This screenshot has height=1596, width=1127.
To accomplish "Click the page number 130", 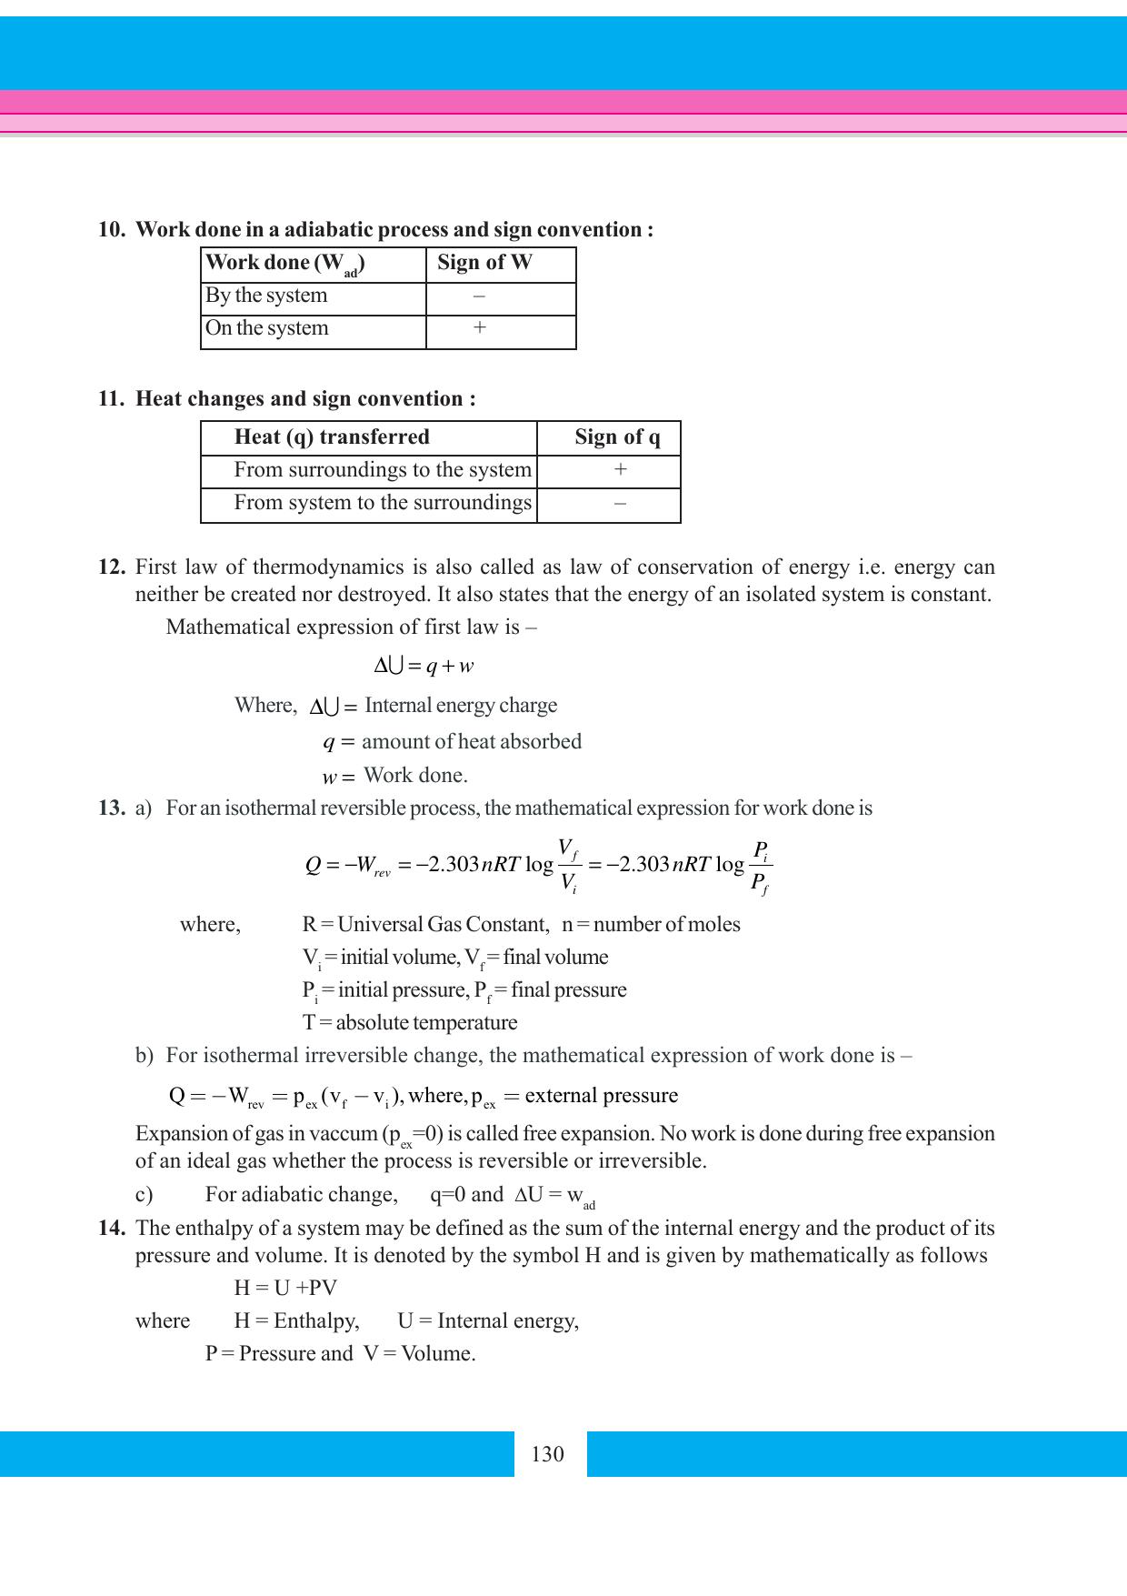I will click(547, 1454).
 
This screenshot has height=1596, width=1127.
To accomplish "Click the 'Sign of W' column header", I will click(484, 263).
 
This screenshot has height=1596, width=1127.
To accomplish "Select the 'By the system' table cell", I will click(266, 296).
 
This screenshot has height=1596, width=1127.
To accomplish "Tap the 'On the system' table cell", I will click(267, 328).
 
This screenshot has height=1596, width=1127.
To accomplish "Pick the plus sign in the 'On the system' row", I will click(479, 328).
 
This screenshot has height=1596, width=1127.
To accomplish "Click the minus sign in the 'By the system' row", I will click(479, 296).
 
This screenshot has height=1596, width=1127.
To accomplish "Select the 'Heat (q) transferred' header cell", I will click(332, 437).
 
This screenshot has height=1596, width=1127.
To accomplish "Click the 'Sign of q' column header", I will click(617, 437).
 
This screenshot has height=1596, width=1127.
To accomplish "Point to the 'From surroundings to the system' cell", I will click(383, 470).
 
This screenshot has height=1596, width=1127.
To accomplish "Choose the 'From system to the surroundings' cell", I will click(383, 503).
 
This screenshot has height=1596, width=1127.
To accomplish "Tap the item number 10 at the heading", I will click(111, 230).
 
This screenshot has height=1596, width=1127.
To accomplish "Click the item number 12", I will click(111, 567).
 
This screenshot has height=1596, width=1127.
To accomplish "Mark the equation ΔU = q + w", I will click(424, 667).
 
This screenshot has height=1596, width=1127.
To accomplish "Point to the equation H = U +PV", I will click(285, 1288).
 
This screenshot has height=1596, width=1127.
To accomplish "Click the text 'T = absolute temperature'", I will click(410, 1023).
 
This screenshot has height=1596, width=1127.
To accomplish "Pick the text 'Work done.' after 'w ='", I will click(415, 776).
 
